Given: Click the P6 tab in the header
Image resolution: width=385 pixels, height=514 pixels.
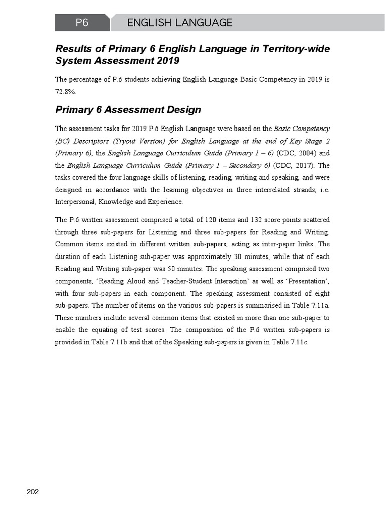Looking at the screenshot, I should coord(82,23).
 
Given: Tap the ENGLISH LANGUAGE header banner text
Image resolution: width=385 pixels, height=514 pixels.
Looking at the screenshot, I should coord(179,23).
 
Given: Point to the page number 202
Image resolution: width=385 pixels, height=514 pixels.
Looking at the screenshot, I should coord(33,491).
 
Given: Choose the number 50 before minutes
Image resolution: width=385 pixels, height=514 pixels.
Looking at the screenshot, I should coord(145,269).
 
